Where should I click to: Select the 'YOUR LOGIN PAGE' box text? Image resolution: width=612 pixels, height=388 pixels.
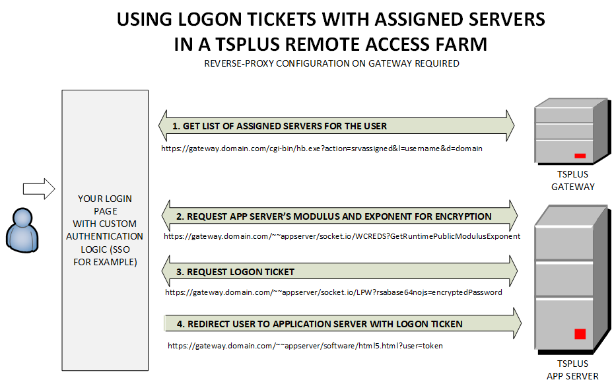(105, 230)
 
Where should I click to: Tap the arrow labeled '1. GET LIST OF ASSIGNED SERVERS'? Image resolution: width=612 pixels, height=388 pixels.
(337, 126)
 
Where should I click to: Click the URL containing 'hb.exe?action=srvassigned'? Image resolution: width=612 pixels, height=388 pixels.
(322, 149)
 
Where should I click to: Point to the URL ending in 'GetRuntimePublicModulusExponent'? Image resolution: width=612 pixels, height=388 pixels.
(342, 236)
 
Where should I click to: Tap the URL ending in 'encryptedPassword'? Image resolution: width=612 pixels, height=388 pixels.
(333, 292)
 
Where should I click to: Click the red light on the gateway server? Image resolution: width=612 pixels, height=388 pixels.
(580, 156)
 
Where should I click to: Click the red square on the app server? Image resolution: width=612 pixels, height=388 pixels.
(580, 334)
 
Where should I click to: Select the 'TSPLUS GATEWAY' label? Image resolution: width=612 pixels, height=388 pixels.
(572, 181)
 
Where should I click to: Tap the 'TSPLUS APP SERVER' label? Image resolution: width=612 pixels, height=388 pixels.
(572, 370)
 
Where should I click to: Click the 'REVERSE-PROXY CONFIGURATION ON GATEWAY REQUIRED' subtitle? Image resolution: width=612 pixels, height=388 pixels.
(331, 64)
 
